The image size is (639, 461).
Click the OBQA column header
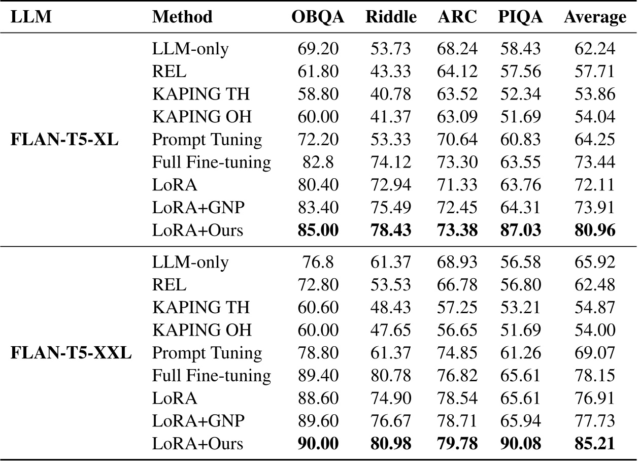pyautogui.click(x=318, y=17)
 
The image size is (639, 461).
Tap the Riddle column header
pyautogui.click(x=391, y=17)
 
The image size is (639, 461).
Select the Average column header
pyautogui.click(x=595, y=17)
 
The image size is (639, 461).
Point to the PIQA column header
pyautogui.click(x=520, y=17)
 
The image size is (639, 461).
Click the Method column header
pyautogui.click(x=182, y=17)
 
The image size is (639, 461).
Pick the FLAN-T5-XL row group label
pyautogui.click(x=64, y=140)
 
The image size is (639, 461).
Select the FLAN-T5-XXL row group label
pyautogui.click(x=71, y=353)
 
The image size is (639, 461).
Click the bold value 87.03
pyautogui.click(x=520, y=230)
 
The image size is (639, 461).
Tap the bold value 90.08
pyautogui.click(x=520, y=444)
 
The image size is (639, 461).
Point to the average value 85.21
pyautogui.click(x=595, y=444)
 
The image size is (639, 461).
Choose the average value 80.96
pyautogui.click(x=595, y=230)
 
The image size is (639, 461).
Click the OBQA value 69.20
pyautogui.click(x=318, y=49)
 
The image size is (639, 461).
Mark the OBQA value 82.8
pyautogui.click(x=318, y=162)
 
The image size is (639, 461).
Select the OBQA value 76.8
pyautogui.click(x=318, y=262)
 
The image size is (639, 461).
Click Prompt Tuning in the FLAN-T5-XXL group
pyautogui.click(x=207, y=353)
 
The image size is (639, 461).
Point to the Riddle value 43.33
pyautogui.click(x=391, y=72)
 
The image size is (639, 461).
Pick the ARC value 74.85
pyautogui.click(x=457, y=353)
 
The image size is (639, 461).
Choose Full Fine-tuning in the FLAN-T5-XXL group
pyautogui.click(x=211, y=376)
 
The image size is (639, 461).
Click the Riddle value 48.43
pyautogui.click(x=391, y=307)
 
